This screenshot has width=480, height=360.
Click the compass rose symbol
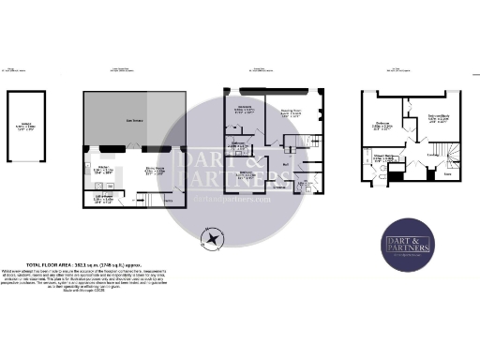pyautogui.click(x=215, y=242)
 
